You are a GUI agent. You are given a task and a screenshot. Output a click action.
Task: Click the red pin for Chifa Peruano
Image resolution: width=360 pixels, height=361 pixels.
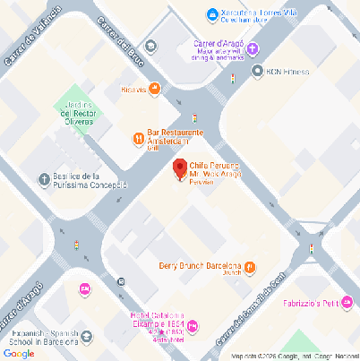tap(179, 167)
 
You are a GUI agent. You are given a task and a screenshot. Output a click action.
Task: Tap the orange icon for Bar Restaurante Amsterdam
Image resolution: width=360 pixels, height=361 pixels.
tap(138, 138)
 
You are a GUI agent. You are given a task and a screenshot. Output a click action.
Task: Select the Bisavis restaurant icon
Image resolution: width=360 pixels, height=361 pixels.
tap(155, 89)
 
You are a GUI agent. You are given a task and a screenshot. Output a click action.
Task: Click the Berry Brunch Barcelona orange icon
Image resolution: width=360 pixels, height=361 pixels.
tap(250, 266)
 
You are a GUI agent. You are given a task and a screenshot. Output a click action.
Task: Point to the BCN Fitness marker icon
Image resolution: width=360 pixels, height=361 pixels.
tap(258, 72)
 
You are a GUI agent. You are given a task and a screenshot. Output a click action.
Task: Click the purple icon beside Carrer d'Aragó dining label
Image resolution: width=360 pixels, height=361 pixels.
tap(253, 48)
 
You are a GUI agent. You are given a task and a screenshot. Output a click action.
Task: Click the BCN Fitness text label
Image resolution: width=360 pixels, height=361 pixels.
tap(287, 72)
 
